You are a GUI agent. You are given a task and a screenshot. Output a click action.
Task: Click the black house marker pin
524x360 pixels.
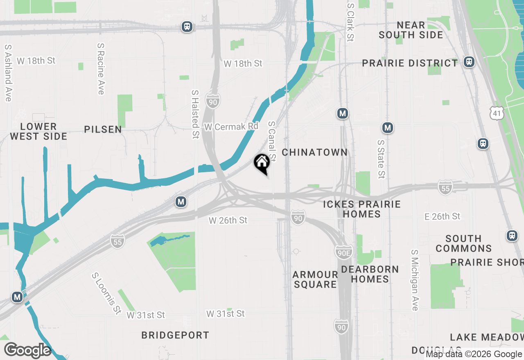[262, 164]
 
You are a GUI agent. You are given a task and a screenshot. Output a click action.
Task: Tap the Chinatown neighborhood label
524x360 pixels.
[314, 152]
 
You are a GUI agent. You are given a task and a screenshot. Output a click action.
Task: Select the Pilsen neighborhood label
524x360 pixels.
[103, 129]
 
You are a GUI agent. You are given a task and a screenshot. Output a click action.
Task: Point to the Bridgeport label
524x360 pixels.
[175, 335]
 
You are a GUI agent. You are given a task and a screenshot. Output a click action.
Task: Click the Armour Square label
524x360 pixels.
[315, 279]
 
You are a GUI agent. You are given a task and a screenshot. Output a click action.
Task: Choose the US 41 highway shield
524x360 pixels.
[497, 113]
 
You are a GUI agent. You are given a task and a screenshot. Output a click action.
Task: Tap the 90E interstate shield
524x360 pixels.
[343, 252]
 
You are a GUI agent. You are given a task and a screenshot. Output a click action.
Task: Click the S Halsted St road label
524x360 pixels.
[195, 115]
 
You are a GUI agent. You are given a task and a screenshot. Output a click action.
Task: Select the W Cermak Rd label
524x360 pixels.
[231, 127]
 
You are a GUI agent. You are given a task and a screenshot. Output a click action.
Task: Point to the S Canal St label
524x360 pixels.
[272, 141]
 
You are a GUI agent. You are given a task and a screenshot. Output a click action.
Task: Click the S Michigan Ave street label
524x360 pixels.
[415, 280]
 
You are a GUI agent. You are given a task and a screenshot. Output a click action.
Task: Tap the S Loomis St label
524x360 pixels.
[105, 293]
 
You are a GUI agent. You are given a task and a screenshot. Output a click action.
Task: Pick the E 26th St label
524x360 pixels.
[443, 216]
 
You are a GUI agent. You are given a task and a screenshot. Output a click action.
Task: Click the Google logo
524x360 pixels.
[27, 350]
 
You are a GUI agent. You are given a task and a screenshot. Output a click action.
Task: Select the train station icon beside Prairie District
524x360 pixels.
[469, 62]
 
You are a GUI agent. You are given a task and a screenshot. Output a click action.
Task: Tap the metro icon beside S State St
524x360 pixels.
[387, 128]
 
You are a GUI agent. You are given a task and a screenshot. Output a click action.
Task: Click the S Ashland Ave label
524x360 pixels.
[8, 73]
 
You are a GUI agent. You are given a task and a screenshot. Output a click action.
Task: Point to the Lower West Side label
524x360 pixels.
[38, 131]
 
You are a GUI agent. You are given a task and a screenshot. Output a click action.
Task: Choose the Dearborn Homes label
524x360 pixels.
[370, 274]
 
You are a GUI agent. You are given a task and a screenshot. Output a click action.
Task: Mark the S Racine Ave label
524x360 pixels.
[101, 69]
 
